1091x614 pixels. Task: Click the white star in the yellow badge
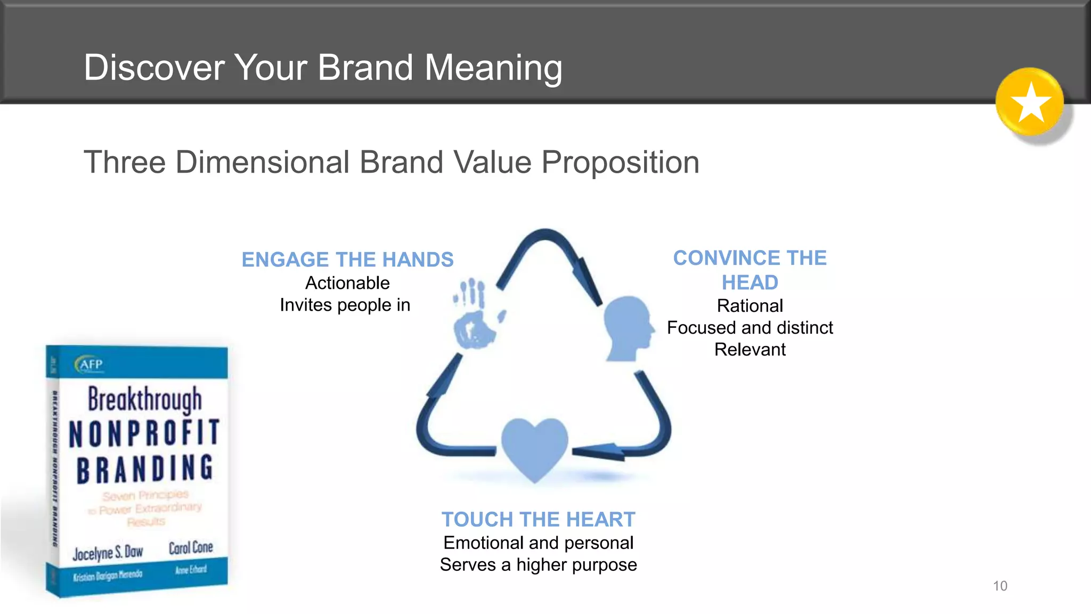(1031, 102)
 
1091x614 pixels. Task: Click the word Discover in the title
(154, 68)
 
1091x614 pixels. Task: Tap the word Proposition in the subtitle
(620, 162)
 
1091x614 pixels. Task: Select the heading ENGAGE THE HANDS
(347, 260)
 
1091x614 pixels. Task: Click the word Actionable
(347, 283)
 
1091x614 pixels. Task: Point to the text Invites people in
(345, 305)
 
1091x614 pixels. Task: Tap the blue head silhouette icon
(628, 328)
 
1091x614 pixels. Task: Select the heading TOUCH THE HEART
(538, 519)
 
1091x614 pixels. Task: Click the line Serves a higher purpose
(538, 564)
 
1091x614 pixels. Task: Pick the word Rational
(750, 306)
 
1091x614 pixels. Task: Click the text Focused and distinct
(750, 327)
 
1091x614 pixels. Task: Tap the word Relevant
(750, 350)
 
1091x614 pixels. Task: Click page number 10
(1000, 586)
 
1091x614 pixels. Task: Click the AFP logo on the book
(89, 364)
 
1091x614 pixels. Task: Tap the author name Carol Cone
(191, 547)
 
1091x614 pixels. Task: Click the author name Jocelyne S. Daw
(108, 553)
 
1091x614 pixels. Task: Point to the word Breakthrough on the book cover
(145, 399)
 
